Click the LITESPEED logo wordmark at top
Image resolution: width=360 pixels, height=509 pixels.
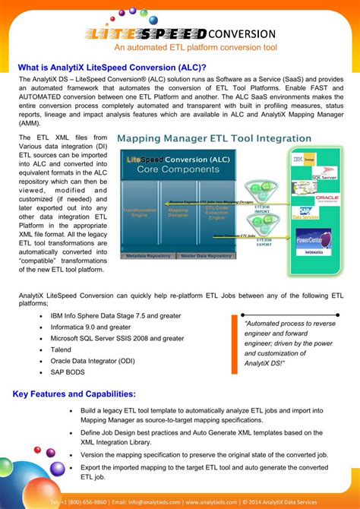click(146, 34)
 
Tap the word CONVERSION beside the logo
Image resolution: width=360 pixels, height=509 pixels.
click(242, 34)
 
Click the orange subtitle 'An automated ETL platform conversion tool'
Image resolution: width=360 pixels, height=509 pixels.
click(179, 48)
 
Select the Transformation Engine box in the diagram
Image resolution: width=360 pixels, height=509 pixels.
click(141, 213)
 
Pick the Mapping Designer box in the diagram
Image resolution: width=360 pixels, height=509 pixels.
click(178, 213)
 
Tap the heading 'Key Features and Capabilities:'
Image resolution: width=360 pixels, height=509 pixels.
click(74, 394)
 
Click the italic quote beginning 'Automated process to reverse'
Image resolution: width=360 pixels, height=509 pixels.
click(289, 343)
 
